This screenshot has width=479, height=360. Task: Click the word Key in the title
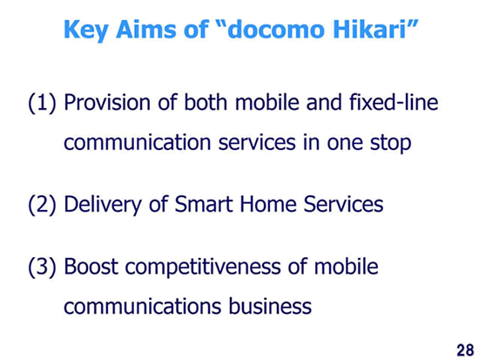click(x=85, y=30)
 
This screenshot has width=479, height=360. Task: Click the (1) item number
click(x=42, y=103)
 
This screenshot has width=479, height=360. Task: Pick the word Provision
click(x=107, y=102)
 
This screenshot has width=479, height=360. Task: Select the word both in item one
click(x=206, y=102)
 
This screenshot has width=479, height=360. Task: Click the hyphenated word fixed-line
click(x=394, y=102)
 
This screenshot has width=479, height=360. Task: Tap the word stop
click(x=391, y=143)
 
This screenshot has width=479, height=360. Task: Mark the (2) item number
click(x=42, y=205)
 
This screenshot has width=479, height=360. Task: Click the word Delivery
click(x=103, y=205)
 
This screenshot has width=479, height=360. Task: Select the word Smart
click(x=204, y=204)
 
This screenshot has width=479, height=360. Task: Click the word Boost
click(x=91, y=267)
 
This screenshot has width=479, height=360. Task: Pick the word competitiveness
click(x=203, y=267)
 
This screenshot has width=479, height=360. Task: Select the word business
click(x=270, y=306)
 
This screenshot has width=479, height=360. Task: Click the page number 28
click(x=465, y=350)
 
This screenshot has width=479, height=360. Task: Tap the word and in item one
click(x=324, y=102)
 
